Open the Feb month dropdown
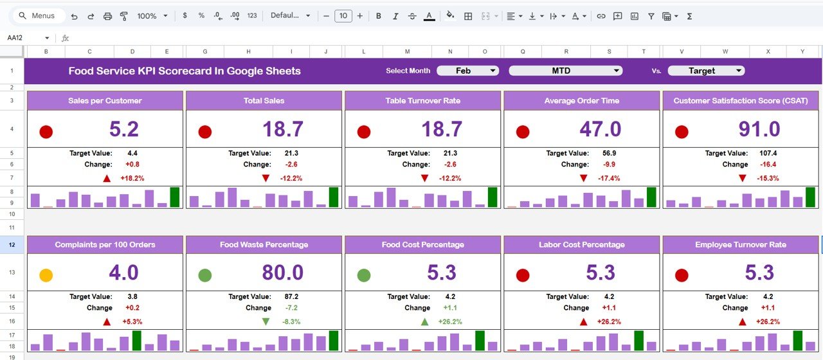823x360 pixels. tap(467, 71)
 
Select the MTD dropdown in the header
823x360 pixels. tap(565, 71)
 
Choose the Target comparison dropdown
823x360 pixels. tap(705, 71)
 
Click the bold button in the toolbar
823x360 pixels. tap(378, 16)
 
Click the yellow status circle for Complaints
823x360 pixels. tap(46, 275)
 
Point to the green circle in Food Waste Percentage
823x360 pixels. tap(204, 275)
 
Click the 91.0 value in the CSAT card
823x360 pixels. tap(759, 129)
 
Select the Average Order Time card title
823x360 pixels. tap(581, 101)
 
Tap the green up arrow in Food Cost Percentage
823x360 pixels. tap(425, 321)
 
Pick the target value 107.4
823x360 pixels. tap(768, 154)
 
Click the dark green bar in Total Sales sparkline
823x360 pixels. tap(333, 197)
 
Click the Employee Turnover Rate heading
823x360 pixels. tap(740, 245)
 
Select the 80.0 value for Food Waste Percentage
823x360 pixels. tap(282, 273)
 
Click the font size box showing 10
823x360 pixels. tap(343, 16)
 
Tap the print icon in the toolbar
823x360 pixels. tap(107, 16)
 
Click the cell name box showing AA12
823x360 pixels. tap(26, 38)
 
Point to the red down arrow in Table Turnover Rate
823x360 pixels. tap(424, 178)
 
